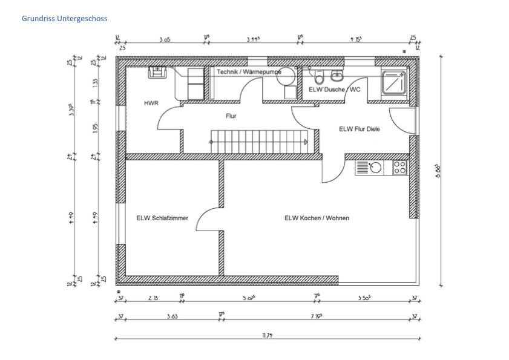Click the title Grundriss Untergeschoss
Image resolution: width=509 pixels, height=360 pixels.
[64, 19]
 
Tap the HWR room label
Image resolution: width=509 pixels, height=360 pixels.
[151, 103]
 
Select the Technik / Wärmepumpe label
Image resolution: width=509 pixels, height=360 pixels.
[249, 71]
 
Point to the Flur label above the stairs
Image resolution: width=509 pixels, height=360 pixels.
[231, 115]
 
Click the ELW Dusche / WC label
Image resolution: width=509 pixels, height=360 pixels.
[335, 90]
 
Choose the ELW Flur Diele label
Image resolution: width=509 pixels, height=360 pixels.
[360, 128]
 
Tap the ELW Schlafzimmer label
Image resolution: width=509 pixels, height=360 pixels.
[162, 218]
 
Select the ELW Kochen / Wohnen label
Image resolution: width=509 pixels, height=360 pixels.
[317, 218]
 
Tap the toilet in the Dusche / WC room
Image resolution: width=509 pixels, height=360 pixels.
[319, 78]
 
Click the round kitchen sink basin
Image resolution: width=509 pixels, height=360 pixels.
[376, 168]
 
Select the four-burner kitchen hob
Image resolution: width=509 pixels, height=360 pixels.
[399, 168]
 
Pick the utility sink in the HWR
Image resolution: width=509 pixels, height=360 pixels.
[157, 71]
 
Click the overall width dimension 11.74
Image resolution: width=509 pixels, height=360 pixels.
[266, 335]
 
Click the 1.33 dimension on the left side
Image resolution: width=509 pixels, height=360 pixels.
[94, 82]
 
